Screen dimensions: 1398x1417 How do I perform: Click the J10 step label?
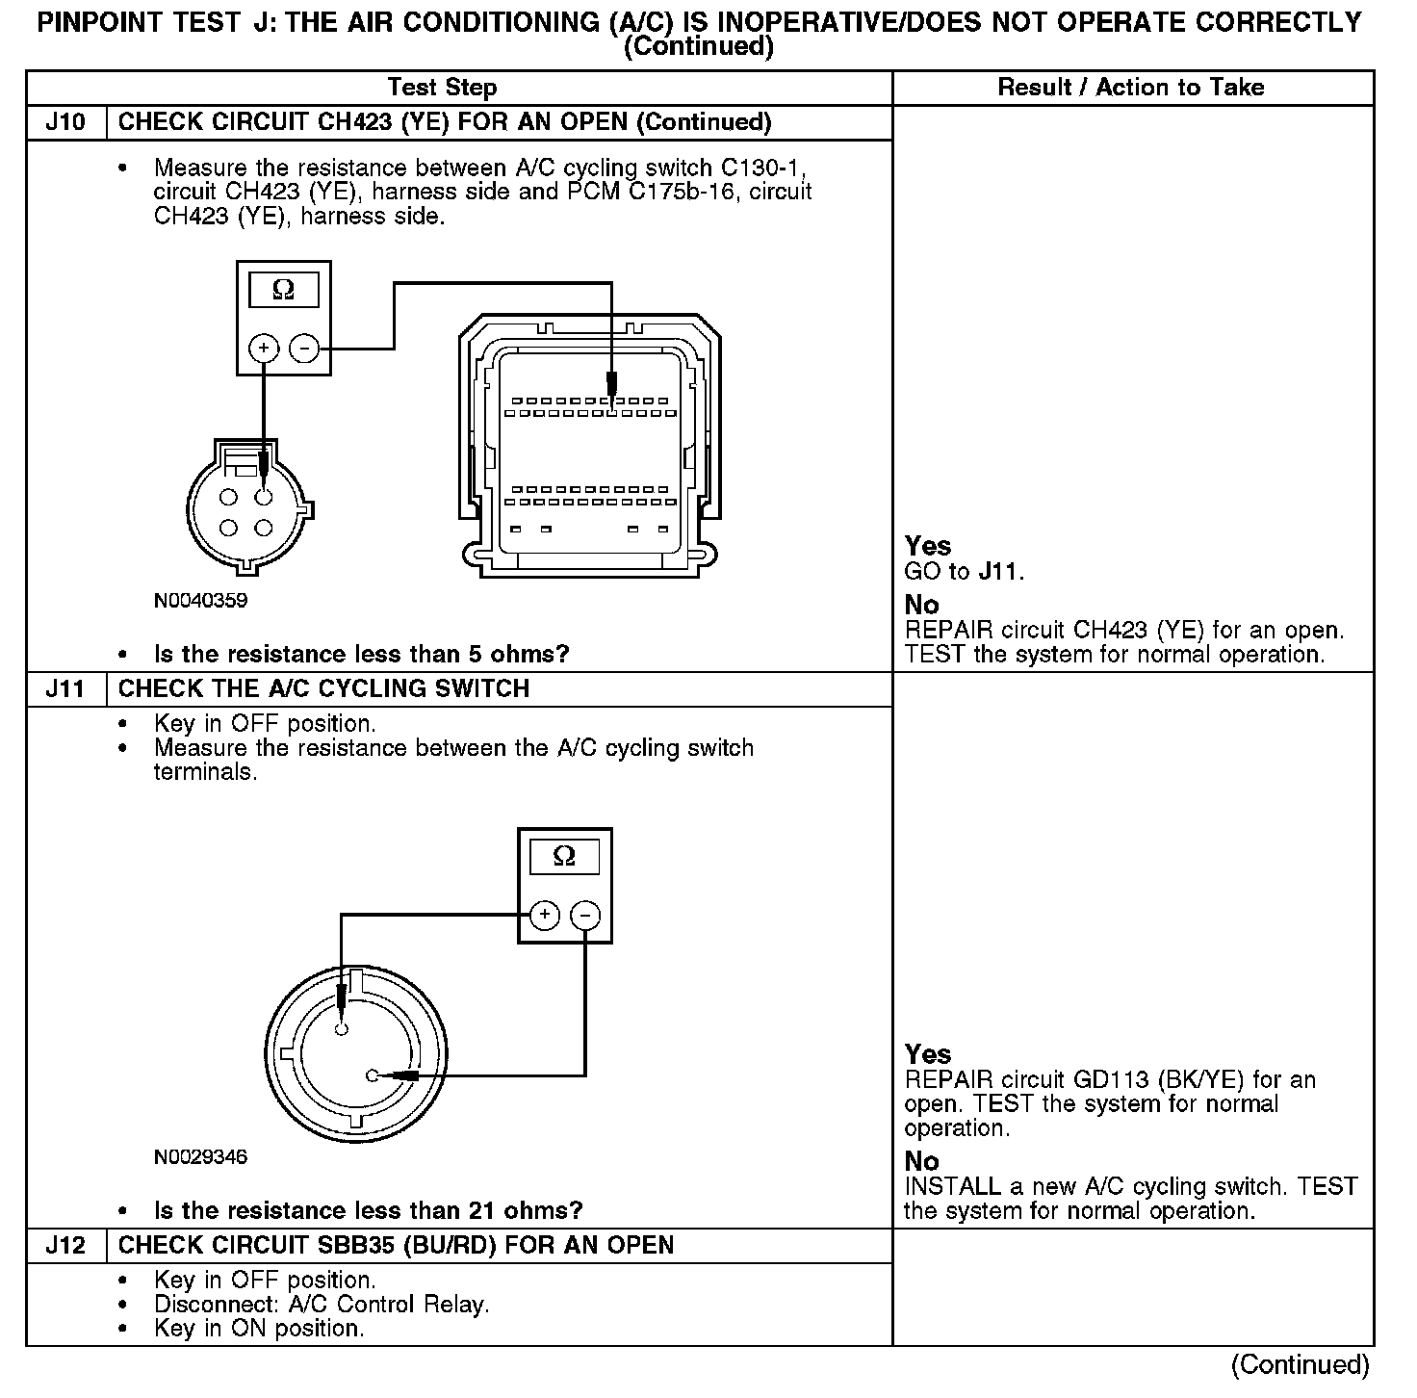65,122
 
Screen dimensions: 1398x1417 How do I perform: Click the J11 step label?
65,689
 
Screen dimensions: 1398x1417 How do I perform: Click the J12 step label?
65,1246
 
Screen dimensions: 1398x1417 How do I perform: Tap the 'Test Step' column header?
442,88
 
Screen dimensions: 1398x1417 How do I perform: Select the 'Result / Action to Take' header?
1131,88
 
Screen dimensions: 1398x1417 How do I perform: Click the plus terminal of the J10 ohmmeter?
264,348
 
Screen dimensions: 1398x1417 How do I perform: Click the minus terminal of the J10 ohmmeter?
304,348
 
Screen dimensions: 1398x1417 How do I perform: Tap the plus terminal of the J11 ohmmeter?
545,915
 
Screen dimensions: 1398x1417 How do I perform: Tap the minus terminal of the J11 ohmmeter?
585,915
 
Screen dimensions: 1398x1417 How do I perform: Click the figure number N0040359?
200,601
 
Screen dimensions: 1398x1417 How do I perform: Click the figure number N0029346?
200,1157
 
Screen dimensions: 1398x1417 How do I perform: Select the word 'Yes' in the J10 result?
928,546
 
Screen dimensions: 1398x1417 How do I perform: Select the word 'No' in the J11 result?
921,1161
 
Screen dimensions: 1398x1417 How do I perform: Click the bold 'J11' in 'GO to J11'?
997,572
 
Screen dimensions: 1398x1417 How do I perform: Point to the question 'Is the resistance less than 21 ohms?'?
368,1211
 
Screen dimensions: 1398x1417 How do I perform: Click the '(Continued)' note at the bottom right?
1300,1364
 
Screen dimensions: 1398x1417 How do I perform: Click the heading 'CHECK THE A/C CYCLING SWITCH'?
323,689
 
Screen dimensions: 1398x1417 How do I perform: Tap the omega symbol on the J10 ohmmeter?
283,290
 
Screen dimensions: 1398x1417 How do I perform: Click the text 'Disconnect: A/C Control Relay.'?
322,1305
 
